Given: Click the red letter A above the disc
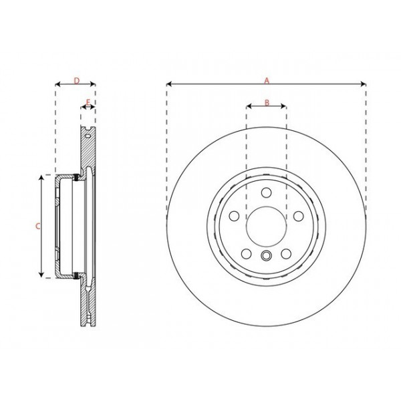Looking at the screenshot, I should pyautogui.click(x=266, y=80).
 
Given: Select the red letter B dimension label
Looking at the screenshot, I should pyautogui.click(x=266, y=102).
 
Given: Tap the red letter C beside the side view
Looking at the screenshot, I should pyautogui.click(x=38, y=226).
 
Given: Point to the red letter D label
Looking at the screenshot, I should pyautogui.click(x=76, y=80).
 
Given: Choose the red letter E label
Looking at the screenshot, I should pyautogui.click(x=88, y=102).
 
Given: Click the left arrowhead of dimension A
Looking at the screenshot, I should pyautogui.click(x=168, y=85).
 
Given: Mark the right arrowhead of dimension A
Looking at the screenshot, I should pyautogui.click(x=364, y=85).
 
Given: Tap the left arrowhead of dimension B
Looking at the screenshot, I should pyautogui.click(x=248, y=106).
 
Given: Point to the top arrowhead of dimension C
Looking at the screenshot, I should pyautogui.click(x=43, y=177).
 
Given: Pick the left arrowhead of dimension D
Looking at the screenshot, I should pyautogui.click(x=57, y=85).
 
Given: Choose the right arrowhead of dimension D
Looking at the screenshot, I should pyautogui.click(x=94, y=85).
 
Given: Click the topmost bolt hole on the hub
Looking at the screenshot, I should pyautogui.click(x=266, y=193).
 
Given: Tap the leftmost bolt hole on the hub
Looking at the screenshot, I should pyautogui.click(x=235, y=216).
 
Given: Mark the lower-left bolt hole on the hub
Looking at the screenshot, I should pyautogui.click(x=247, y=253).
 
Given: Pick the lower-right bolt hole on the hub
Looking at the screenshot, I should pyautogui.click(x=285, y=253).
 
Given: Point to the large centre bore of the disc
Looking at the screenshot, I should pyautogui.click(x=266, y=226).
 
